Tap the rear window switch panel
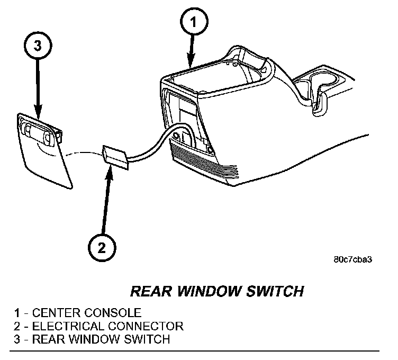click(x=44, y=151)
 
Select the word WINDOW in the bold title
click(x=206, y=292)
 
